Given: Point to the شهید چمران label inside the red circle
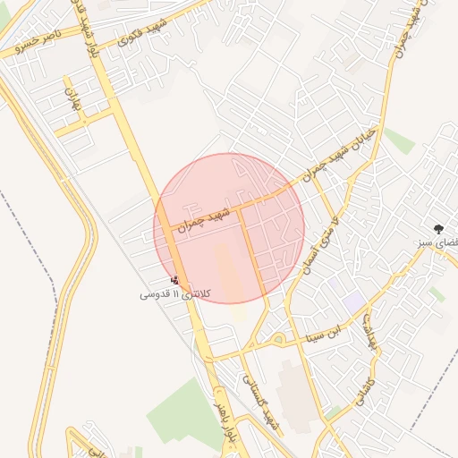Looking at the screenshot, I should point(207,219).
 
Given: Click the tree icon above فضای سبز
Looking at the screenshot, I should point(437,229).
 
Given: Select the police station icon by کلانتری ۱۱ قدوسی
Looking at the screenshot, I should point(174,280).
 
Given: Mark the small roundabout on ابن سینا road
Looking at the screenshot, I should point(278,340).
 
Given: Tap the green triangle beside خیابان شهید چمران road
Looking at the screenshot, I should point(399,140).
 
